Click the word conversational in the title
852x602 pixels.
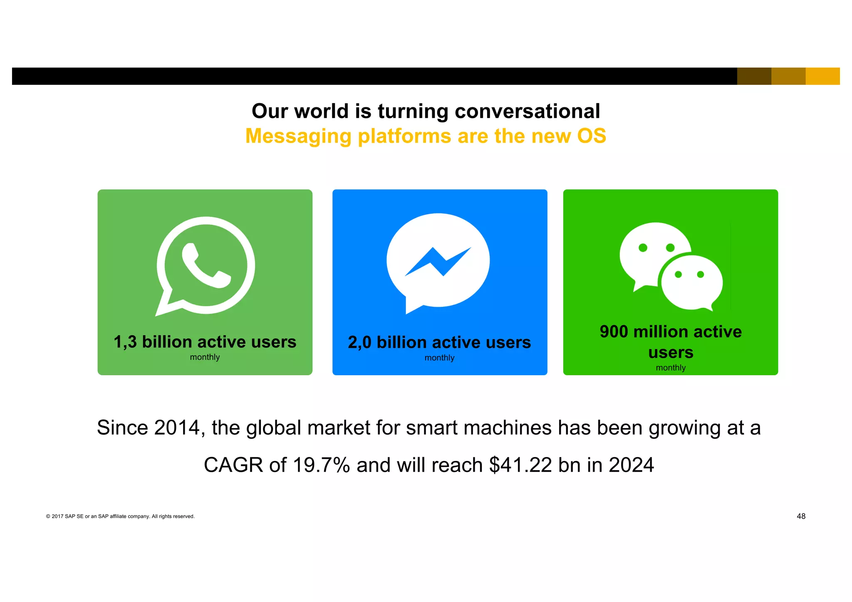[527, 111]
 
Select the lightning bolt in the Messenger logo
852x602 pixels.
[438, 262]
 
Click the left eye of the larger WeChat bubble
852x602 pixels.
[643, 248]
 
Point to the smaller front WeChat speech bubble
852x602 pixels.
[691, 283]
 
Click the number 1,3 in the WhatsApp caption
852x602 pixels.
[125, 342]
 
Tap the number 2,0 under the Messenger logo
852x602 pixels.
[359, 342]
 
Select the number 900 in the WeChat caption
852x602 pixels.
[614, 332]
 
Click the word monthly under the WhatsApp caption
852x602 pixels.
[205, 357]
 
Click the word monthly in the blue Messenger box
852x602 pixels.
[439, 358]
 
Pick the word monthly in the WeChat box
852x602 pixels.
[671, 368]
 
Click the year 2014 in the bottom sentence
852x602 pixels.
[177, 428]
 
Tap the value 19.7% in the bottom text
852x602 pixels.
[321, 465]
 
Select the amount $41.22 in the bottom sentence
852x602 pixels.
[520, 465]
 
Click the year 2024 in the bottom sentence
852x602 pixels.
[631, 465]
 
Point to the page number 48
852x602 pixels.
[801, 516]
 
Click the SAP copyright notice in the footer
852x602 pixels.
[120, 517]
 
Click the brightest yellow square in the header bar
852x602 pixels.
[822, 76]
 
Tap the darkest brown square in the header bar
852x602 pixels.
[754, 76]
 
